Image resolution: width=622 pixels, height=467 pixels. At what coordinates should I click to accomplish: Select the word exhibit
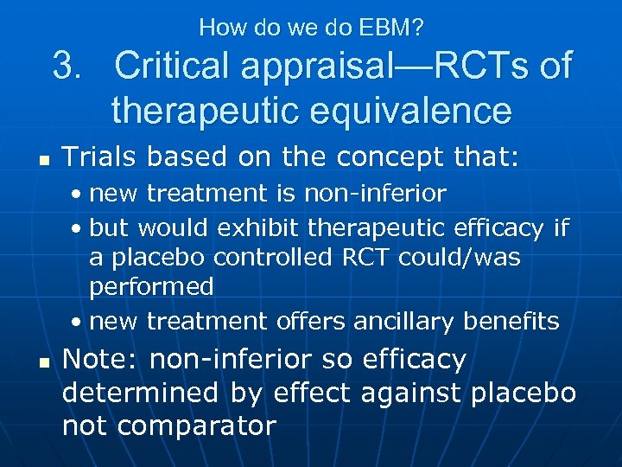(261, 228)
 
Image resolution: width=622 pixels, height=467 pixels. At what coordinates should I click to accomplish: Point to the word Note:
(102, 359)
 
